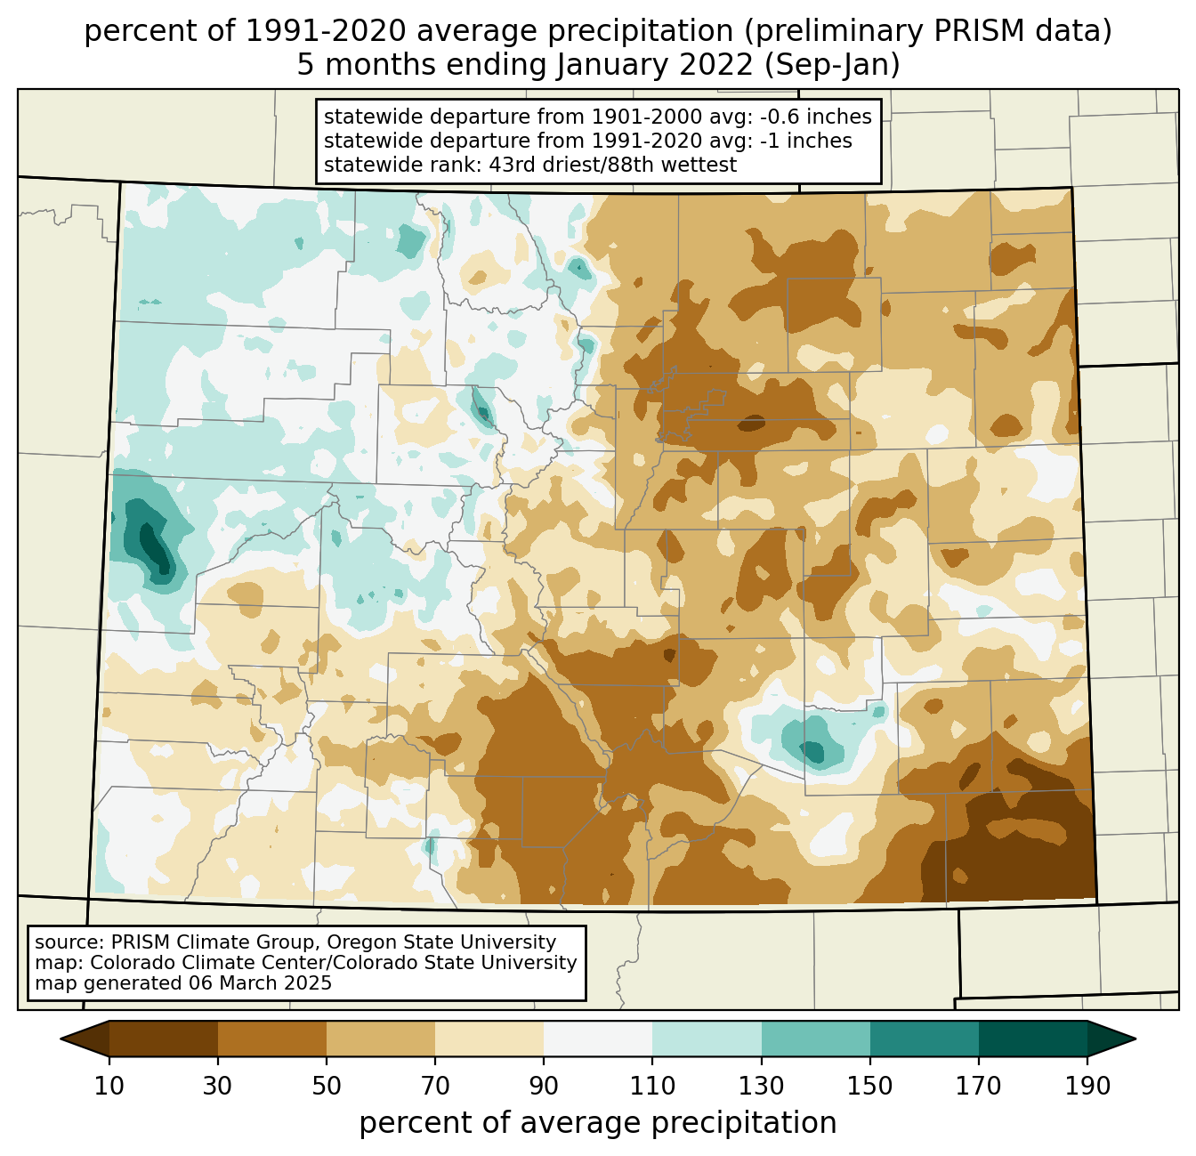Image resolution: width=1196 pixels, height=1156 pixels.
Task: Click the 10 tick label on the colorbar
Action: tap(109, 1086)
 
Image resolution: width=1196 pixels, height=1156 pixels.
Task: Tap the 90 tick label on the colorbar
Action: tap(544, 1086)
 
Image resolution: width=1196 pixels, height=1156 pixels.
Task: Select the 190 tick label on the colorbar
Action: tap(1087, 1086)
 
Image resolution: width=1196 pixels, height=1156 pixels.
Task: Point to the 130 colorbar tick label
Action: tap(761, 1086)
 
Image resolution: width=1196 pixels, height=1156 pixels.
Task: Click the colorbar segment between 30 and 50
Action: tap(272, 1038)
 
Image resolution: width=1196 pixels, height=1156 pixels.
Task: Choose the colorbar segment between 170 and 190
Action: tap(1032, 1038)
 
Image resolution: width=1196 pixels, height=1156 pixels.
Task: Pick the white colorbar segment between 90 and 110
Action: tap(598, 1038)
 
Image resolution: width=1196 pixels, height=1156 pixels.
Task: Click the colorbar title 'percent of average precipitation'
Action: tap(598, 1123)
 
